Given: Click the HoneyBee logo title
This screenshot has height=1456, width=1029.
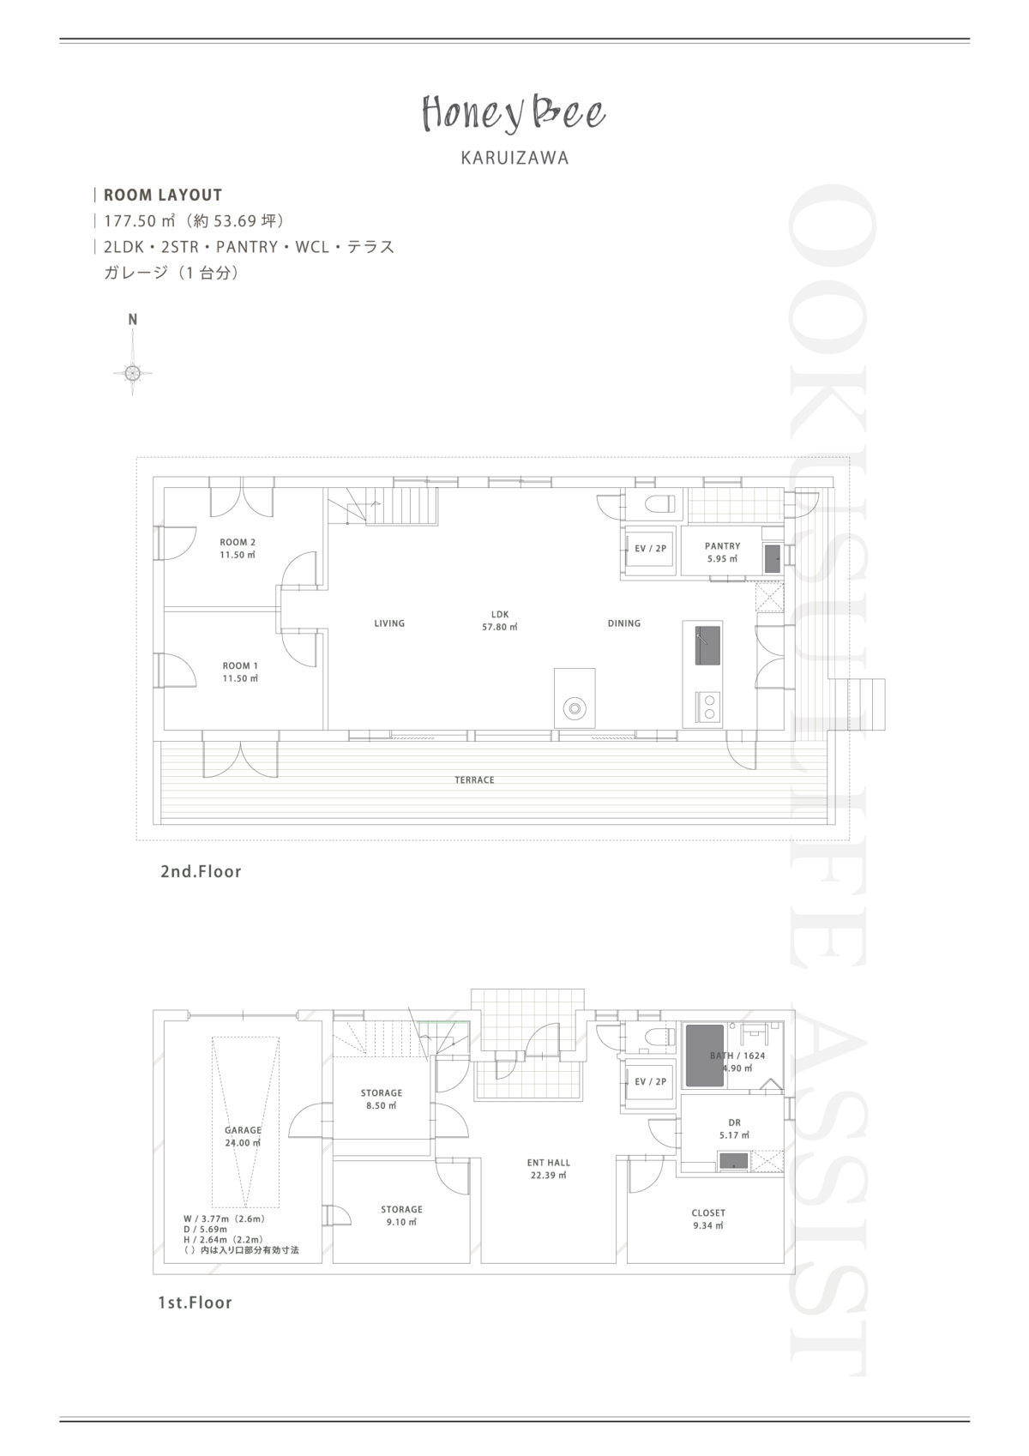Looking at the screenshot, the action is pyautogui.click(x=514, y=113).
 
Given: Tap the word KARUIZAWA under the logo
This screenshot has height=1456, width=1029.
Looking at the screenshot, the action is pyautogui.click(x=514, y=158).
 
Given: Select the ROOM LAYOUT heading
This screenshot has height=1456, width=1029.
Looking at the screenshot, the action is pyautogui.click(x=163, y=195).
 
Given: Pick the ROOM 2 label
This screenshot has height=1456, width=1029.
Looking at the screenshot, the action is pyautogui.click(x=238, y=549).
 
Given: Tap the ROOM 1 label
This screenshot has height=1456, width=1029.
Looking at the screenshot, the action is pyautogui.click(x=240, y=672).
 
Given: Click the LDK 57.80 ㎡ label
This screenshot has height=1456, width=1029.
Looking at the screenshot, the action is pyautogui.click(x=500, y=621).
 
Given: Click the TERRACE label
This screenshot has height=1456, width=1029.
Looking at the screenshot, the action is pyautogui.click(x=474, y=780).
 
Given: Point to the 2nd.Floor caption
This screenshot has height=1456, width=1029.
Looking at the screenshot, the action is pyautogui.click(x=201, y=872).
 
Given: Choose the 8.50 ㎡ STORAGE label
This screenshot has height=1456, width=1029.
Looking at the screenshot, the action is pyautogui.click(x=382, y=1099).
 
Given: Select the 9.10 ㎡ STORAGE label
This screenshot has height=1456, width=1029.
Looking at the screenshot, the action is pyautogui.click(x=401, y=1216).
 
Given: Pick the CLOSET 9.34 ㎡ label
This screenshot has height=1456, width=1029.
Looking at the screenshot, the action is pyautogui.click(x=708, y=1219).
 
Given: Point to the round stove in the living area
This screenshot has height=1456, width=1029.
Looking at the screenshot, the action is pyautogui.click(x=575, y=708).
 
